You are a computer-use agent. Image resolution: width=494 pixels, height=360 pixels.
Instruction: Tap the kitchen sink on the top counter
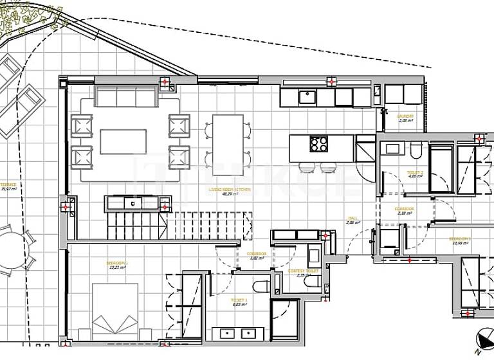point(306,97)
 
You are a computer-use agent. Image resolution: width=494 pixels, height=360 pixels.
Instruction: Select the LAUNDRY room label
point(406,116)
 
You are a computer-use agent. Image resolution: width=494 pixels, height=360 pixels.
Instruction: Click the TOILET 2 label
point(415,172)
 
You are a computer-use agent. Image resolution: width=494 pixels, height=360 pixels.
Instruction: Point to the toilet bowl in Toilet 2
point(416,150)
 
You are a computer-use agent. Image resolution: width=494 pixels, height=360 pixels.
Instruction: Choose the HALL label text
point(352,219)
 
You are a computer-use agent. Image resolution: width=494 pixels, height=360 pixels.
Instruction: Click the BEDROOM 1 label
point(118,263)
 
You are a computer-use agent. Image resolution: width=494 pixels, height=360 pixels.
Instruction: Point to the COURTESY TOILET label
point(304,271)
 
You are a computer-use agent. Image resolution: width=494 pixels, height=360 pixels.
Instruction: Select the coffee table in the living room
point(123,141)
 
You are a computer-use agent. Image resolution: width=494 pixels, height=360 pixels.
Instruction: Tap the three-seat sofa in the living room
point(127,97)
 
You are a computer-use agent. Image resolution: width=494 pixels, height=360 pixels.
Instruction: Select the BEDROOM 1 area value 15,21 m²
point(118,268)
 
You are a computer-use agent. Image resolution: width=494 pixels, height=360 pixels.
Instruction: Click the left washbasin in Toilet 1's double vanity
point(226,334)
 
